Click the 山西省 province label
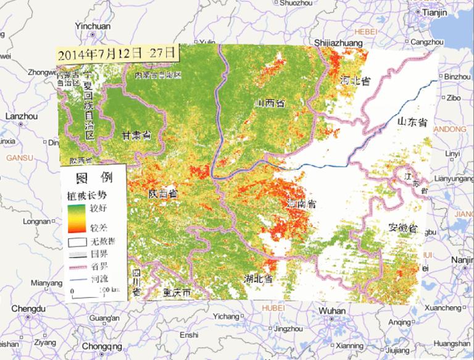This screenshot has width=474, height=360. (271, 104)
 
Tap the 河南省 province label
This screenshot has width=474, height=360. (303, 203)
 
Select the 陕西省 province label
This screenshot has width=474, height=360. (163, 193)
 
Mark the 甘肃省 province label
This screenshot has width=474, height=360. (137, 135)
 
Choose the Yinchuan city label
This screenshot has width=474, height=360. (92, 27)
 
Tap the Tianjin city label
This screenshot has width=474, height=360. (434, 12)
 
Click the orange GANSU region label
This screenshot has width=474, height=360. (19, 158)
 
